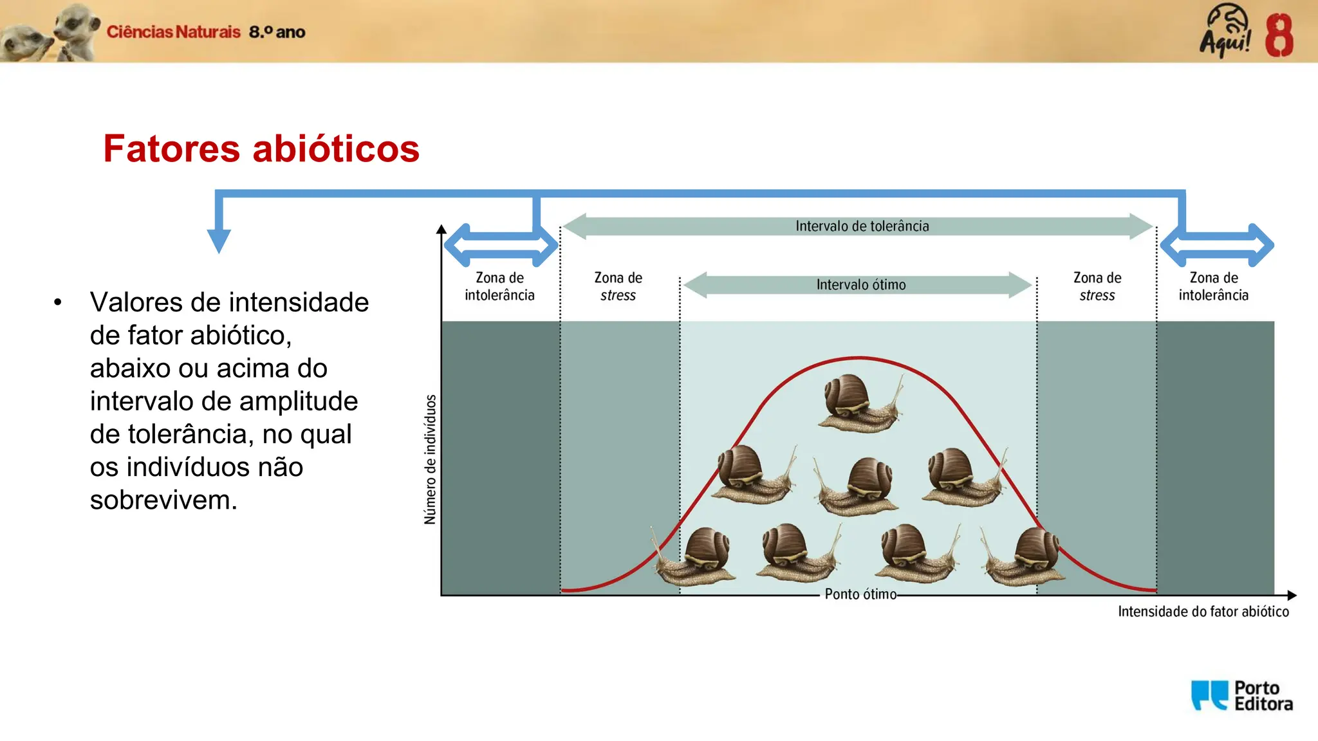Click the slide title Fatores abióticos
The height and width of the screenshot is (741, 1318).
click(x=261, y=149)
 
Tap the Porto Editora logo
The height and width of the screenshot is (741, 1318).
click(x=1241, y=696)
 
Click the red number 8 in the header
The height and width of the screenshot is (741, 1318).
click(x=1279, y=36)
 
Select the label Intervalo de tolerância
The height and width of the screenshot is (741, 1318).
click(x=862, y=226)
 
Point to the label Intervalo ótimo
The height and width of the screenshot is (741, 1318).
click(x=860, y=285)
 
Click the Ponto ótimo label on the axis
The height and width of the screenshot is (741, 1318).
click(x=860, y=594)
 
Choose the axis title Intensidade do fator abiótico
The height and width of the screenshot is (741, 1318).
click(x=1203, y=612)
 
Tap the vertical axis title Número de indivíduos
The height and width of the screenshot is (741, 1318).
click(x=430, y=459)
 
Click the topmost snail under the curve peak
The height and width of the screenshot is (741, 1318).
click(x=859, y=403)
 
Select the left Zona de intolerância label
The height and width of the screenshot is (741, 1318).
click(x=499, y=286)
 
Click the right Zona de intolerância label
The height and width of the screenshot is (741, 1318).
click(x=1213, y=286)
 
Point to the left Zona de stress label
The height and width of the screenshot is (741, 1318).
click(x=618, y=286)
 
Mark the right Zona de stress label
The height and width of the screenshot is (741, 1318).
click(x=1097, y=286)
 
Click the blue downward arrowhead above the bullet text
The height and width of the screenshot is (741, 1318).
click(x=219, y=241)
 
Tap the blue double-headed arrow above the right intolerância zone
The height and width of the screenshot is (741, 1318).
click(x=1216, y=245)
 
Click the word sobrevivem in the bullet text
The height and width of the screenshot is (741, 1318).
click(x=163, y=500)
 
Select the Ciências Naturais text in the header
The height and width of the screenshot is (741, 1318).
click(x=173, y=32)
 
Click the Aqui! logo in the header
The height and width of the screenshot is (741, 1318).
click(x=1225, y=31)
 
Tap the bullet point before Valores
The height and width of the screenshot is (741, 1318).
click(x=58, y=302)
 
